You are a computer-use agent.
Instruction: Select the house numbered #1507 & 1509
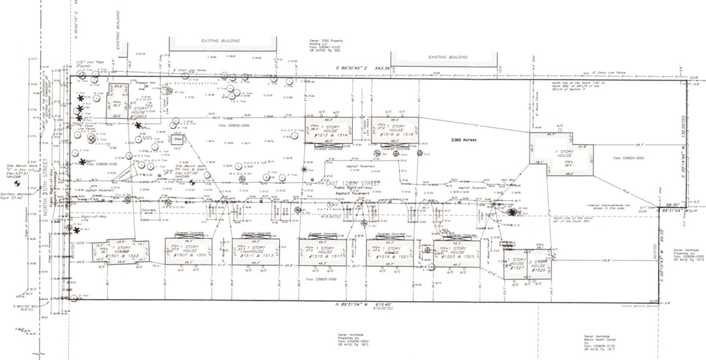click(x=189, y=252)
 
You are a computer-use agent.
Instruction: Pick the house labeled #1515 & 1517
click(x=322, y=252)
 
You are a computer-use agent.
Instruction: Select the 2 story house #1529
click(x=540, y=265)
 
